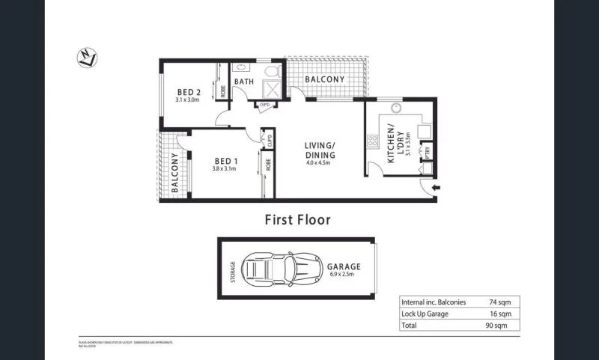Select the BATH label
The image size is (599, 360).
(x=243, y=81)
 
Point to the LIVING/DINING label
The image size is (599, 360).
(x=320, y=150)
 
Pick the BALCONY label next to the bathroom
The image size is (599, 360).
(x=323, y=79)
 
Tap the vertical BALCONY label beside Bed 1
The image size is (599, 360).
(x=175, y=174)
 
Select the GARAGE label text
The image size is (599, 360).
(x=344, y=266)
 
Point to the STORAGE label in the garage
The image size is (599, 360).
(x=232, y=268)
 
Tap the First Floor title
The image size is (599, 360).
(x=297, y=220)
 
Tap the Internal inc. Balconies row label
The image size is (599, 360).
(x=434, y=302)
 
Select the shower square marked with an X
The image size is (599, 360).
(x=271, y=90)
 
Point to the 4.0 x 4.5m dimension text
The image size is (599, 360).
(x=320, y=163)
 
